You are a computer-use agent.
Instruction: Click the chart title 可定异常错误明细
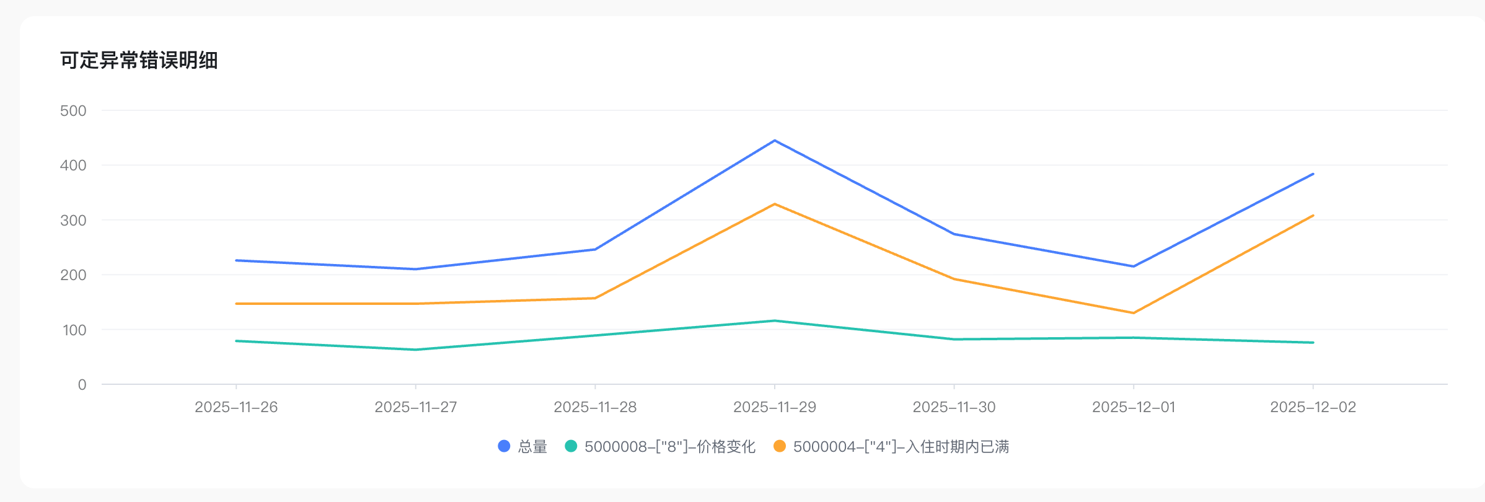(x=139, y=61)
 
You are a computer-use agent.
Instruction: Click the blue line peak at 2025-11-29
(x=775, y=141)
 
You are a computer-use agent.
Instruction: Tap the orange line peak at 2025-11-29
(x=775, y=204)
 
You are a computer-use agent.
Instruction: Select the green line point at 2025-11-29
(x=775, y=320)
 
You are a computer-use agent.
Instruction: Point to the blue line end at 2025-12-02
(x=1313, y=174)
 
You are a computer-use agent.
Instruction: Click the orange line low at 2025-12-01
(x=1134, y=313)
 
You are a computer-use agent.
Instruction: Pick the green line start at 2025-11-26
(x=237, y=341)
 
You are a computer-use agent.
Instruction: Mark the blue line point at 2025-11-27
(x=416, y=269)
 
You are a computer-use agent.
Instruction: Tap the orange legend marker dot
(x=780, y=446)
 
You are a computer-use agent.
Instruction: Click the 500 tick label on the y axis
(x=73, y=111)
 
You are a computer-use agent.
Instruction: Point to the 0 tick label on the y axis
(x=82, y=385)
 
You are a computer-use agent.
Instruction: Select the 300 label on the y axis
(x=73, y=221)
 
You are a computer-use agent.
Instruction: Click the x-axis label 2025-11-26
(x=236, y=407)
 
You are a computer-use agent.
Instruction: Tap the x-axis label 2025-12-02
(x=1313, y=407)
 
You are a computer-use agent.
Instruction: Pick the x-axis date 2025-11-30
(x=954, y=407)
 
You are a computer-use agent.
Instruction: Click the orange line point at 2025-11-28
(x=595, y=298)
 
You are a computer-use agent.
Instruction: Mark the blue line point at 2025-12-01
(x=1134, y=266)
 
